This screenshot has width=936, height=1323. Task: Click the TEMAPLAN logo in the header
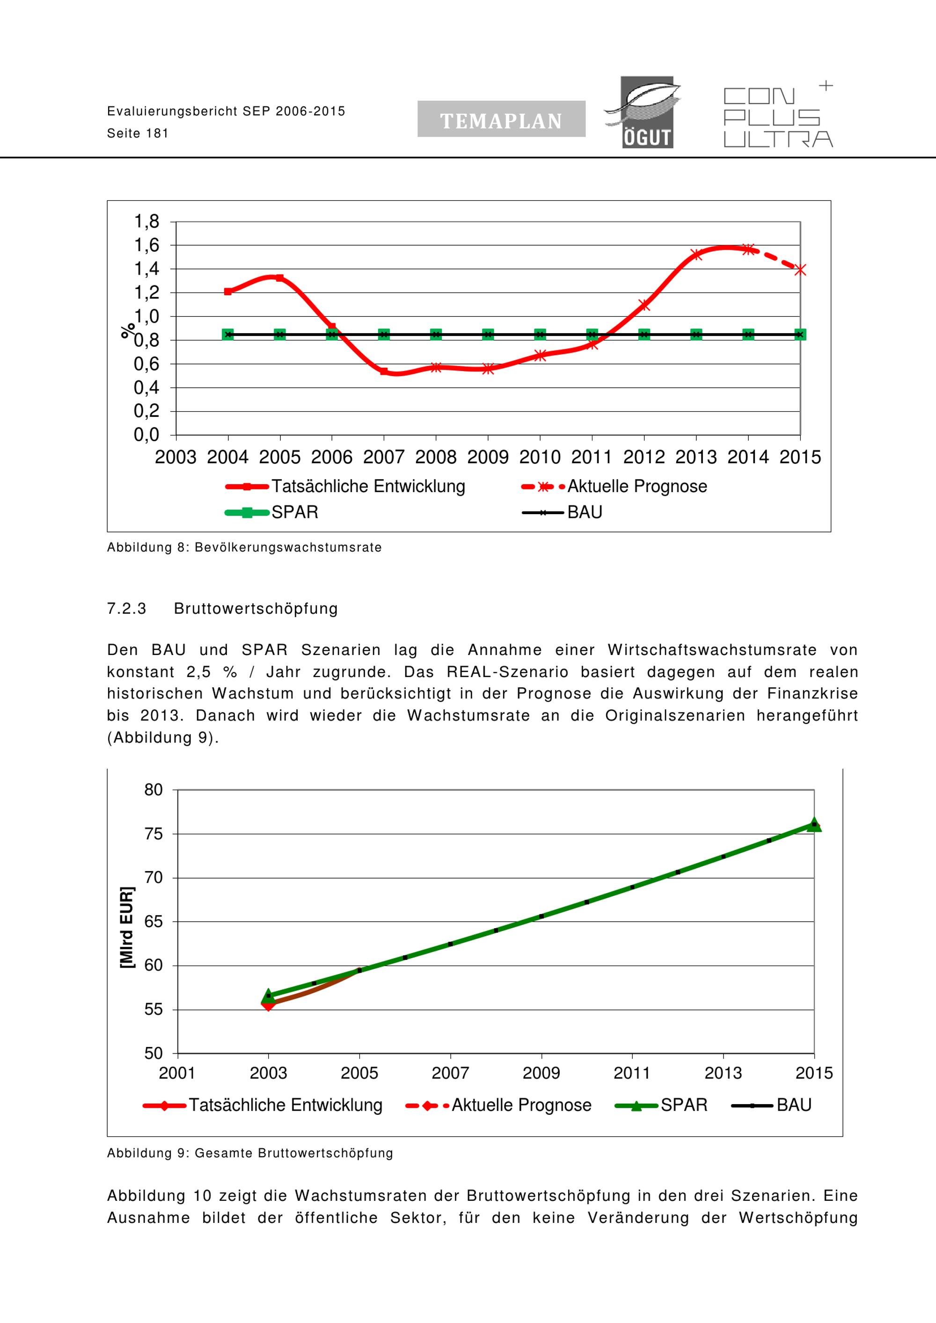pos(501,119)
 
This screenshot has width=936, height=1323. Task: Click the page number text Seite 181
pos(138,134)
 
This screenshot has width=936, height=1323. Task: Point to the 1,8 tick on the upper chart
pos(146,221)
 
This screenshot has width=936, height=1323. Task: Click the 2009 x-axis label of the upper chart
pos(488,458)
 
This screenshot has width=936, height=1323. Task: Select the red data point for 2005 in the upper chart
pos(279,278)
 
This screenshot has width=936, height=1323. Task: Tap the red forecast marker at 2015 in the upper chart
pos(800,269)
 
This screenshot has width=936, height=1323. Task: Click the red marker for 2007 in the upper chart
pos(384,371)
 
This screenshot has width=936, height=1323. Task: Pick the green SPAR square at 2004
pos(228,334)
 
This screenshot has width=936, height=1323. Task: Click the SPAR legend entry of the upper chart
pos(272,512)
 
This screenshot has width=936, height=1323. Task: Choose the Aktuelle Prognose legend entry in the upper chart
pos(614,487)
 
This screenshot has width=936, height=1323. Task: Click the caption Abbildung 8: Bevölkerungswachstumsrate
pos(244,547)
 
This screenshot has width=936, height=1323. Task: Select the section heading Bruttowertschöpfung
pos(256,609)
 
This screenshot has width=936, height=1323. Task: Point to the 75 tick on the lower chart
pos(154,834)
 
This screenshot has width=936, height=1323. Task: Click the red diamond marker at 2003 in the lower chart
pos(268,1004)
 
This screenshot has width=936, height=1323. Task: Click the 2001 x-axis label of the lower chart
pos(177,1073)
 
